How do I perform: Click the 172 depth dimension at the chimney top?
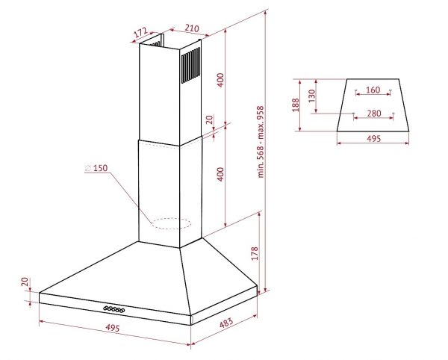pyautogui.click(x=140, y=32)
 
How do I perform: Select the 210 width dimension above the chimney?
pyautogui.click(x=192, y=28)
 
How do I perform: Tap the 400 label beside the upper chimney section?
pyautogui.click(x=220, y=80)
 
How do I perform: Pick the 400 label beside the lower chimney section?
pyautogui.click(x=220, y=174)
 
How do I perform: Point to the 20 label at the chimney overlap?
pyautogui.click(x=210, y=120)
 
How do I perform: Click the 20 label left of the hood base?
pyautogui.click(x=25, y=282)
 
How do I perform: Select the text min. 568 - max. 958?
pyautogui.click(x=261, y=142)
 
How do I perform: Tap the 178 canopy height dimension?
pyautogui.click(x=255, y=253)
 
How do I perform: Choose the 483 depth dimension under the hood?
pyautogui.click(x=226, y=323)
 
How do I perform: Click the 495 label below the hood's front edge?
pyautogui.click(x=113, y=327)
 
